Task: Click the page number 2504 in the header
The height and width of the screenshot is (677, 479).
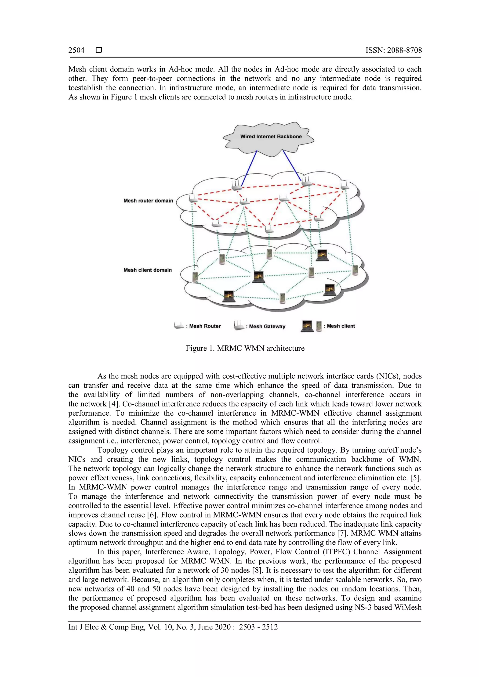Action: click(x=76, y=50)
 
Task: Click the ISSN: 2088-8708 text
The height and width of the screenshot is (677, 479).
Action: click(x=393, y=50)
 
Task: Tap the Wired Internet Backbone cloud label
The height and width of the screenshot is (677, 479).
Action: click(x=271, y=137)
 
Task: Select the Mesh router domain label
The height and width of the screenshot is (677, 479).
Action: click(x=148, y=201)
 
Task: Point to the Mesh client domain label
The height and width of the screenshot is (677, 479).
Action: click(x=148, y=270)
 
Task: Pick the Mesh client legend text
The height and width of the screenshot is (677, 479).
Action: click(x=341, y=326)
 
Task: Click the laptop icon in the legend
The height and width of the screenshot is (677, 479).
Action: click(x=307, y=326)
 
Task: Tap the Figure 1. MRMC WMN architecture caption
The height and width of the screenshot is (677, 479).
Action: click(x=245, y=348)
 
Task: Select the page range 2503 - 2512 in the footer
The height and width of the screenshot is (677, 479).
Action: click(x=258, y=627)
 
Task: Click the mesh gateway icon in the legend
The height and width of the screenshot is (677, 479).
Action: click(x=239, y=326)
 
